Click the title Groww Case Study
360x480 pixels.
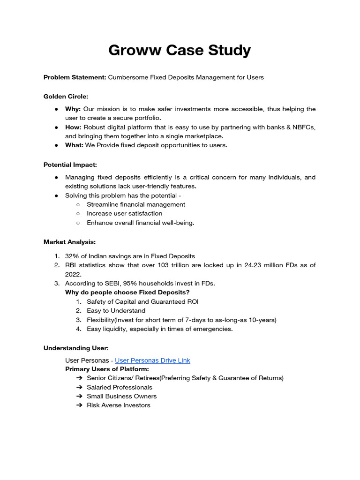click(x=180, y=50)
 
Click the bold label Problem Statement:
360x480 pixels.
click(x=75, y=77)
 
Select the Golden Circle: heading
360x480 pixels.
click(x=66, y=97)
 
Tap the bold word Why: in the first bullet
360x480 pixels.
click(x=73, y=109)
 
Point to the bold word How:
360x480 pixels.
click(x=73, y=127)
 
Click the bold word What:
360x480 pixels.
click(x=74, y=145)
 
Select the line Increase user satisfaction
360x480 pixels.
click(x=124, y=214)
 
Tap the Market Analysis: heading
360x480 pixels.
click(x=69, y=242)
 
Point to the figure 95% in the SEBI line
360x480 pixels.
click(x=126, y=284)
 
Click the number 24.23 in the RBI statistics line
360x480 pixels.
click(x=253, y=265)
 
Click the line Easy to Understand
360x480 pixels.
click(x=116, y=311)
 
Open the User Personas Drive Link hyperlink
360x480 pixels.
click(x=152, y=360)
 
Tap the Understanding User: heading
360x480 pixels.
click(x=76, y=348)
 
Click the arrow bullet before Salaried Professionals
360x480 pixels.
click(x=78, y=387)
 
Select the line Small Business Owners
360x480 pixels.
click(x=121, y=396)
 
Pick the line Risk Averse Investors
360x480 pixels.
click(x=118, y=405)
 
